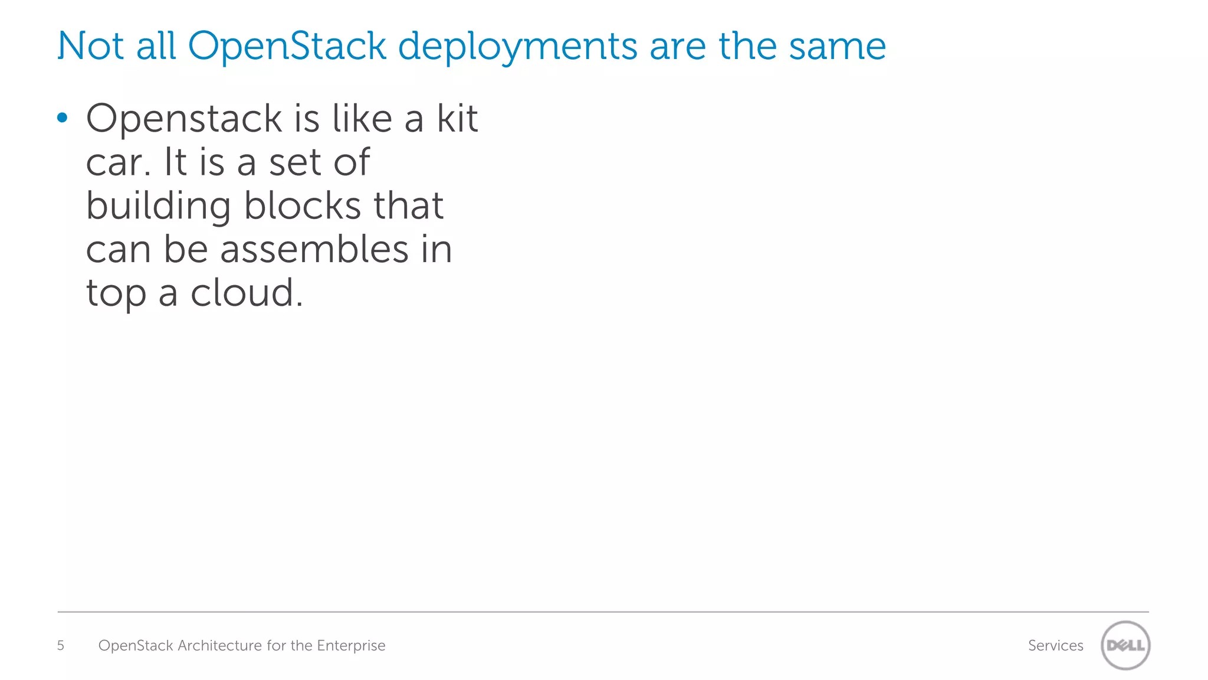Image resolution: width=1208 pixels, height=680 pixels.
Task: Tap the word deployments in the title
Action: point(517,47)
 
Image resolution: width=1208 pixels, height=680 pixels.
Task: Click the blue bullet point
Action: point(63,118)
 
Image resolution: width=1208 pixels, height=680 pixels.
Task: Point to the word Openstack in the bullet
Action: point(184,119)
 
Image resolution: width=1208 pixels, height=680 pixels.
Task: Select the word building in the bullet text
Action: point(158,207)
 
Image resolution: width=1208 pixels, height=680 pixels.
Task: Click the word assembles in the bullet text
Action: point(314,249)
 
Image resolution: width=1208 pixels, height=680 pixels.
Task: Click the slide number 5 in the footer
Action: point(60,646)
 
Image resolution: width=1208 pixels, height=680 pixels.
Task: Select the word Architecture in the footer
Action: point(219,646)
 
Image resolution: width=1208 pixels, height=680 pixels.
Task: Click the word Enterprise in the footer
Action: point(351,646)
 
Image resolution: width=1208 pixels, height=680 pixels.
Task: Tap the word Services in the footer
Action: point(1055,646)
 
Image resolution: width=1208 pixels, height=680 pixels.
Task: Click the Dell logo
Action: point(1125,645)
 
